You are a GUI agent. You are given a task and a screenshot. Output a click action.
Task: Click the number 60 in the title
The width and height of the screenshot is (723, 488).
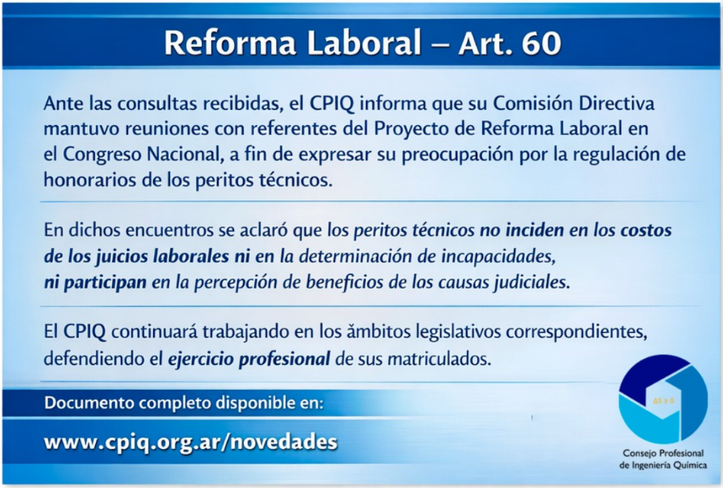[542, 43]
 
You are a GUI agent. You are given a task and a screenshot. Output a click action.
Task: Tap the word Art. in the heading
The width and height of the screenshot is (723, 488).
[485, 43]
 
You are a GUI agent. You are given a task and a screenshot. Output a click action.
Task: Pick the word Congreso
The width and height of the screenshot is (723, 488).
[102, 155]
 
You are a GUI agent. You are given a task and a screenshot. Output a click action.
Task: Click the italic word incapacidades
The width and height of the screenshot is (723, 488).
[498, 256]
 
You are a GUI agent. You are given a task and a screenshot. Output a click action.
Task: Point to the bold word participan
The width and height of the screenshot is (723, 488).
[105, 283]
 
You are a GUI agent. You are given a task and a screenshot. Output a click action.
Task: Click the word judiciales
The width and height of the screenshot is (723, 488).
[532, 282]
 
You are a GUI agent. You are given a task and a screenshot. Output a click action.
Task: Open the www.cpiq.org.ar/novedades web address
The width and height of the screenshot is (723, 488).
[191, 442]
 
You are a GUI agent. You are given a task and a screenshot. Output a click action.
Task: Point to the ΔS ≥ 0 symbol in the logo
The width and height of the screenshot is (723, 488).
[663, 400]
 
